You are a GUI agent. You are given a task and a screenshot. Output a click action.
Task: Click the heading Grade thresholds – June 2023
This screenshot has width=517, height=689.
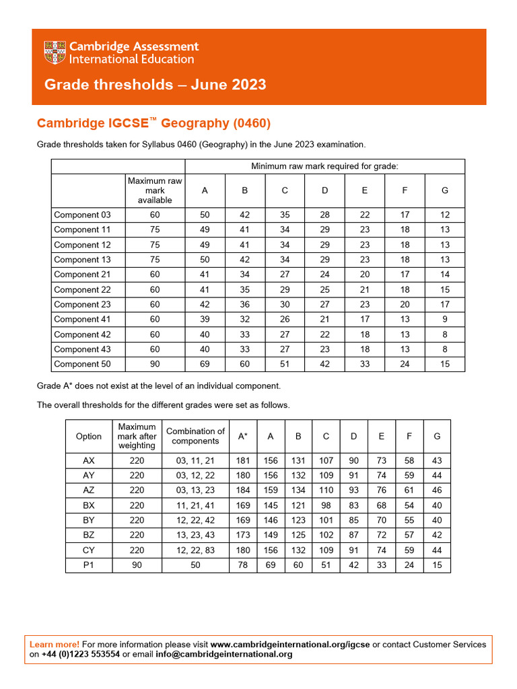pos(155,85)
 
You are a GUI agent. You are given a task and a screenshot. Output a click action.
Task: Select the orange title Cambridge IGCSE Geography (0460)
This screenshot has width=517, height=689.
pos(153,123)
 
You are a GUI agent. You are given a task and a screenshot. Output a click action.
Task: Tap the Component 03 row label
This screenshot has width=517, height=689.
pos(82,215)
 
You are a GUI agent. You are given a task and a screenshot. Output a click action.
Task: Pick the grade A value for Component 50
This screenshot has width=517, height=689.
pos(205,364)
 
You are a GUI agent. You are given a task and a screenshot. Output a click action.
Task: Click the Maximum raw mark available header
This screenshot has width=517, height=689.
pos(155,190)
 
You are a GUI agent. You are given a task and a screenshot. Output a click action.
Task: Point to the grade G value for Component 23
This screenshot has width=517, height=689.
pos(444,304)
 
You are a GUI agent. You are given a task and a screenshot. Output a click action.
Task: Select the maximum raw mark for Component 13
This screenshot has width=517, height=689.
pos(155,260)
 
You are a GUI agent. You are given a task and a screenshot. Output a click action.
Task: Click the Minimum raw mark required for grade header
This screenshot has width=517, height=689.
pos(324,166)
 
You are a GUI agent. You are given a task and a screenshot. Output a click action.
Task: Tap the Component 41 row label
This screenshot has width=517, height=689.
pos(82,320)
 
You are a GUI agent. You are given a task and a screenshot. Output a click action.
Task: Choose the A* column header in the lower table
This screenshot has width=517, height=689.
pos(242,436)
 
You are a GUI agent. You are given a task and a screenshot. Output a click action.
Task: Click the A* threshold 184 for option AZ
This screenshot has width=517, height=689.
pos(242,491)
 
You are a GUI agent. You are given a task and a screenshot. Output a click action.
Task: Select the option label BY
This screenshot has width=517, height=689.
pos(89,520)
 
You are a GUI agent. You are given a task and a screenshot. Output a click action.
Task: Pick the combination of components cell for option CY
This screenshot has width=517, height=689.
pos(195,550)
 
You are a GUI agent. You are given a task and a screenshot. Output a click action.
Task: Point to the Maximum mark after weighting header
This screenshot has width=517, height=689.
pos(137,436)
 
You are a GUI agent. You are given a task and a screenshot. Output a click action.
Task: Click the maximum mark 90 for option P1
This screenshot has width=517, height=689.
pos(137,565)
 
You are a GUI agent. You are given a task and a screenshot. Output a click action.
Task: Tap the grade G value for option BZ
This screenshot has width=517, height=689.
pos(437,535)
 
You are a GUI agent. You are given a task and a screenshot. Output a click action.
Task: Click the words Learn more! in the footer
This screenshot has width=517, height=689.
pos(55,645)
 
